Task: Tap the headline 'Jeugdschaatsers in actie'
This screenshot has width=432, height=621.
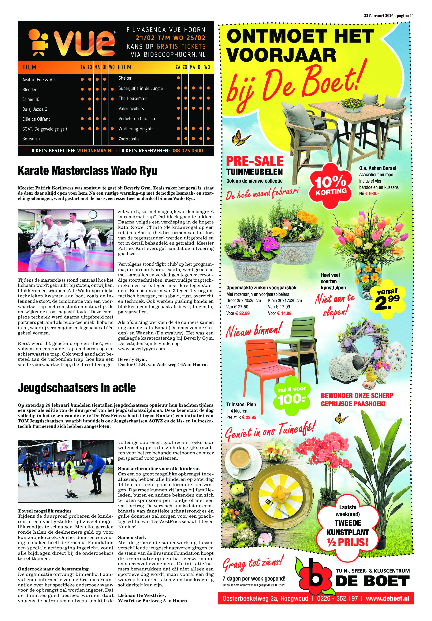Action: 77,388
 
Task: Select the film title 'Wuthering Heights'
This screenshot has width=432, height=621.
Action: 136,129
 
